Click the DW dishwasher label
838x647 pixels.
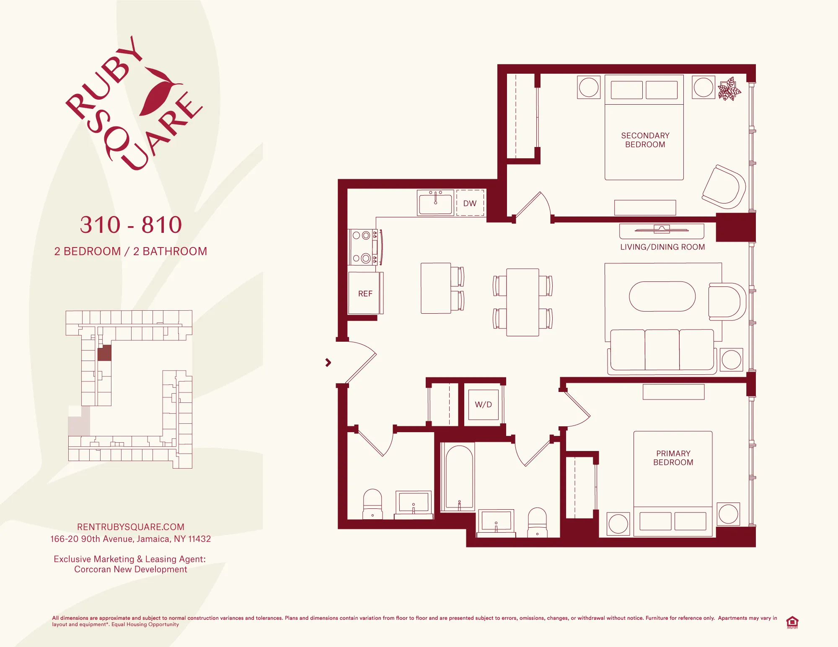coord(470,204)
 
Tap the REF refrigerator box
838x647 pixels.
coord(365,293)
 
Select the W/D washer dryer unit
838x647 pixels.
coord(483,405)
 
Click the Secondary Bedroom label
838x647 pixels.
coord(645,140)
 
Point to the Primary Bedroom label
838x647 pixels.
coord(673,458)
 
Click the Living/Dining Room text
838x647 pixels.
coord(662,247)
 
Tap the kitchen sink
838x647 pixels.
coord(435,203)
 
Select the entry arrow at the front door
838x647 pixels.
coord(328,363)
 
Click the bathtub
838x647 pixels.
coord(459,477)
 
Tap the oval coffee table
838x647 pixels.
coord(662,296)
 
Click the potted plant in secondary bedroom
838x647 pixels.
coord(729,89)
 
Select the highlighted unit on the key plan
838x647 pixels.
coord(104,353)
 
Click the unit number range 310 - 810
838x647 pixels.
coord(131,225)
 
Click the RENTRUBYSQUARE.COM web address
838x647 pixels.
coord(131,527)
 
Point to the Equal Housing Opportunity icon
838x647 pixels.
coord(792,622)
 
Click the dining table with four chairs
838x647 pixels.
coord(522,302)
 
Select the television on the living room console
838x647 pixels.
coord(662,229)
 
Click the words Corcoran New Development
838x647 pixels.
coord(131,570)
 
